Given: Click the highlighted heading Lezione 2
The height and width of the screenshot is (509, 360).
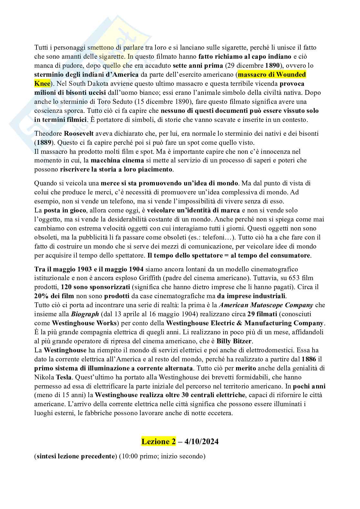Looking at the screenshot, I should (158, 441).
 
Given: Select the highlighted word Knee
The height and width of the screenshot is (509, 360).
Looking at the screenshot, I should (42, 83).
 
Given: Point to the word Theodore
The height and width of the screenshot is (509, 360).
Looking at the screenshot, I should (48, 133).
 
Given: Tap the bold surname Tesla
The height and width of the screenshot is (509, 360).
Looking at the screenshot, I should (64, 377).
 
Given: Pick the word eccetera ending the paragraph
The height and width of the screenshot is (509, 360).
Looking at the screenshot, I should (221, 413).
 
